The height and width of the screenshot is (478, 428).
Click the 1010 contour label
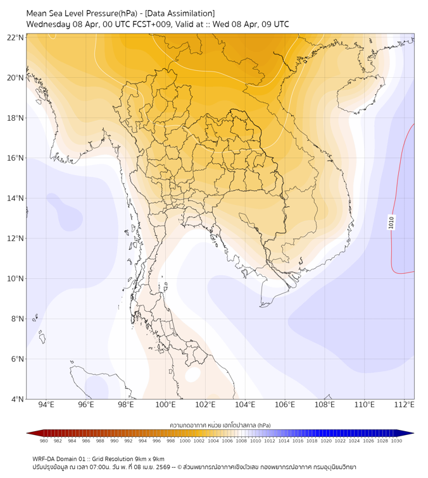(x=391, y=222)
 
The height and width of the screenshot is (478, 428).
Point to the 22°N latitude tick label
(x=16, y=38)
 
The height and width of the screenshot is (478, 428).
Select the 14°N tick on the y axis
(x=16, y=199)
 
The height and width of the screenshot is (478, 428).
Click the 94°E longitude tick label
(x=46, y=405)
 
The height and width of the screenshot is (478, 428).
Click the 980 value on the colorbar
(x=44, y=441)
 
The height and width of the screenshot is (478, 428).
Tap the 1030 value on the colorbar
(x=396, y=441)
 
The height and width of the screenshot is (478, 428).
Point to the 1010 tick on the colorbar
(x=255, y=441)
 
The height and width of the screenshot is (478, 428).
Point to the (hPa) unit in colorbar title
(x=260, y=425)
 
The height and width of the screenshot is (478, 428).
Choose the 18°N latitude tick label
(x=16, y=118)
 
